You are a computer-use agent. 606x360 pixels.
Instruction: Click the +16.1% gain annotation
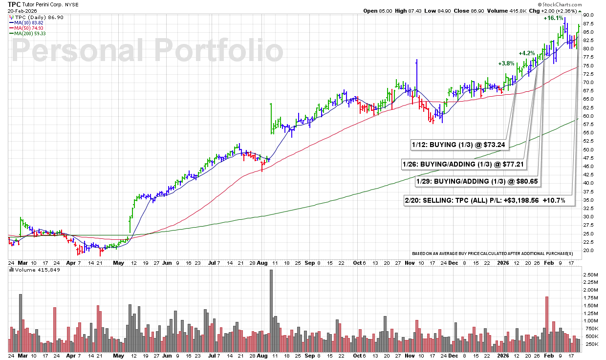pyautogui.click(x=553, y=18)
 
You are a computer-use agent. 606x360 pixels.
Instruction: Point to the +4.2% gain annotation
pyautogui.click(x=526, y=53)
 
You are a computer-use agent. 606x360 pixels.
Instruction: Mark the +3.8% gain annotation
pyautogui.click(x=506, y=64)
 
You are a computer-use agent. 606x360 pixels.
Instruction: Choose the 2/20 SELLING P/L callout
pyautogui.click(x=489, y=201)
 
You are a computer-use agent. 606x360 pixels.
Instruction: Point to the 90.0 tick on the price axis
pyautogui.click(x=588, y=15)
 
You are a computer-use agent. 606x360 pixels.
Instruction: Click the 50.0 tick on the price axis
pyautogui.click(x=588, y=149)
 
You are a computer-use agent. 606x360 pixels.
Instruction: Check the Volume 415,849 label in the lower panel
pyautogui.click(x=33, y=270)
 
